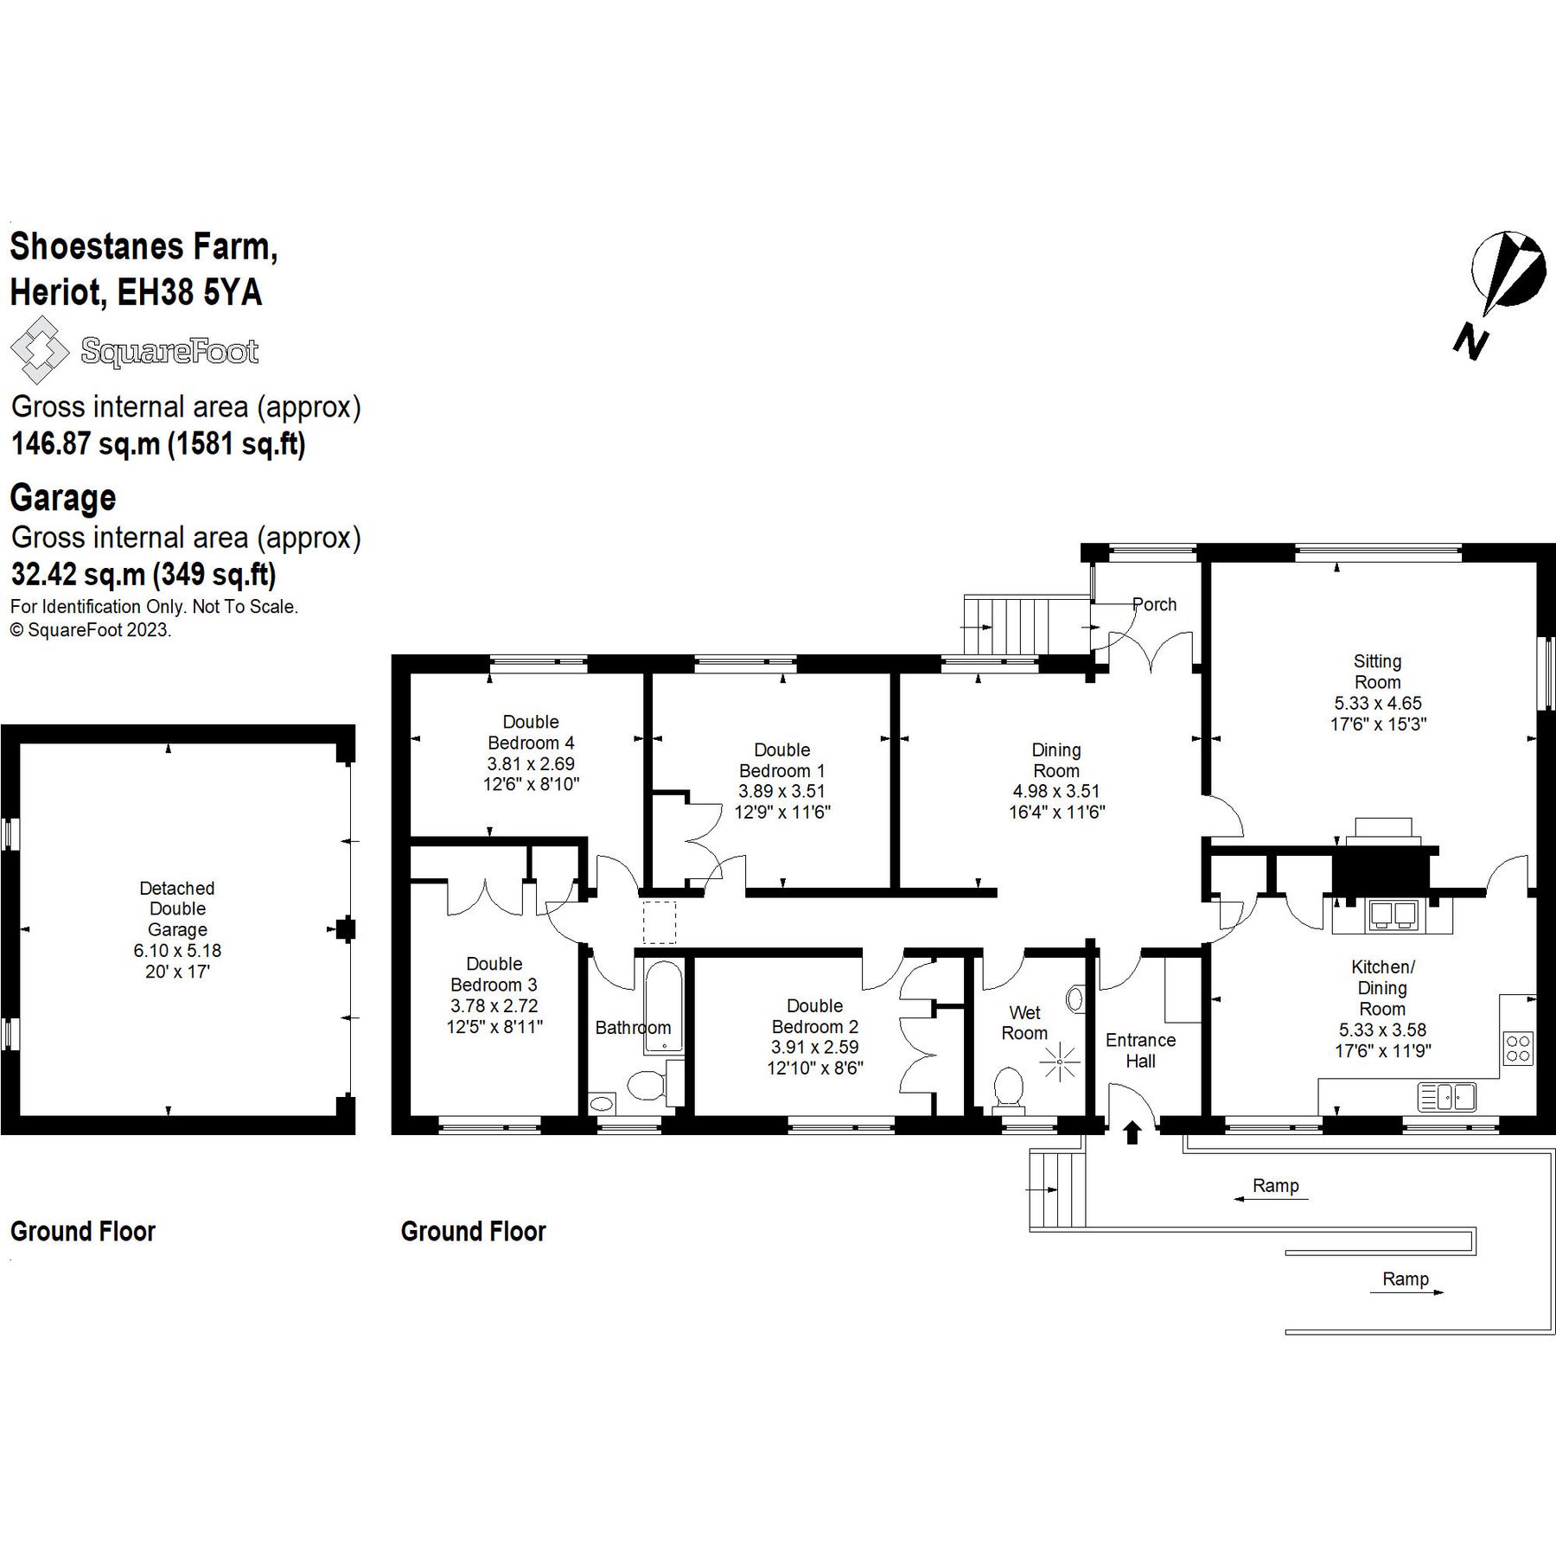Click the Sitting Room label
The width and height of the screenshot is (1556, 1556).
(x=1377, y=672)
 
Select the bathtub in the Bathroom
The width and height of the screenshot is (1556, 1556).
(x=663, y=1005)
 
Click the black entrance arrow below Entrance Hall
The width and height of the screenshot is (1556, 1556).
(x=1132, y=1132)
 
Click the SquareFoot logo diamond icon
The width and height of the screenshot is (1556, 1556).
(x=39, y=350)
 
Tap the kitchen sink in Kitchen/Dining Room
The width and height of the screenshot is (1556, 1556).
(x=1446, y=1097)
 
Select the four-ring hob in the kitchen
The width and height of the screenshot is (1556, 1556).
(x=1518, y=1048)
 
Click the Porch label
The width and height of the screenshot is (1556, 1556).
(x=1154, y=604)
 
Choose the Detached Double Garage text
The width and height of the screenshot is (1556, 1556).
(x=177, y=909)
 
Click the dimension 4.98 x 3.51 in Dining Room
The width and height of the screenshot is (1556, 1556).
(x=1056, y=791)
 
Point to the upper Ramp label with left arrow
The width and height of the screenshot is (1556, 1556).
(x=1275, y=1186)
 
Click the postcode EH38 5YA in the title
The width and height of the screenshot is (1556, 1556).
(x=189, y=292)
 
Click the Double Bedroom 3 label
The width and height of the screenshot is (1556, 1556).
(x=494, y=974)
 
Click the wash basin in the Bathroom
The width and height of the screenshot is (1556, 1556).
(x=601, y=1103)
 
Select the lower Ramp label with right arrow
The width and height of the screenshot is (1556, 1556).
(x=1405, y=1279)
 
